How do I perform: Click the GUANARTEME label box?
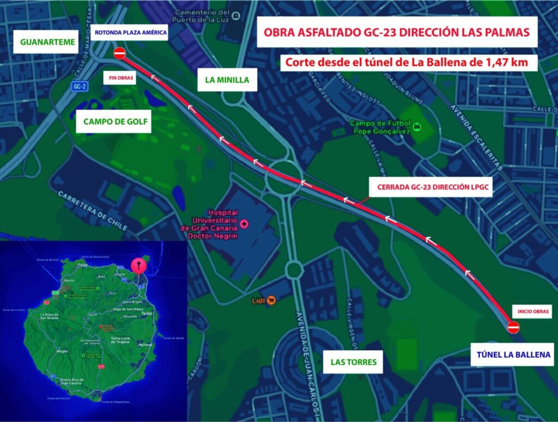(x=47, y=41)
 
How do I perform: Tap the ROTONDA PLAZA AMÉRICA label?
(x=130, y=32)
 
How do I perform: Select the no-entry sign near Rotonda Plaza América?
(x=120, y=53)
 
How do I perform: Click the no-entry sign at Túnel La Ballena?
(x=513, y=327)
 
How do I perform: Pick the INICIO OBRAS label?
(x=531, y=312)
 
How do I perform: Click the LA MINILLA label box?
(x=227, y=80)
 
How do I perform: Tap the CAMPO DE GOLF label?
(x=115, y=122)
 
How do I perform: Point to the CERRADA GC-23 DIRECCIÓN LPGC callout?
(x=430, y=187)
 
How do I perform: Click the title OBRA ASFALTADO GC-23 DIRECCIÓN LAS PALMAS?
(x=397, y=32)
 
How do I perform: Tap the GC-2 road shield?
(x=80, y=87)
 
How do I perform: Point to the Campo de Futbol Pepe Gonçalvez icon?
(x=416, y=127)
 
